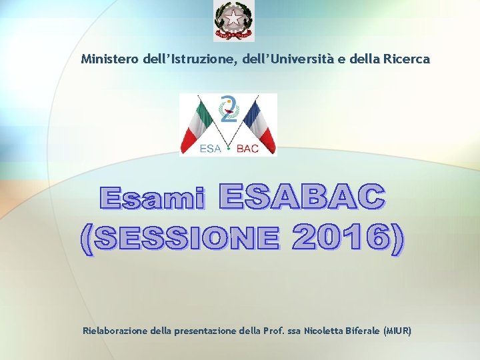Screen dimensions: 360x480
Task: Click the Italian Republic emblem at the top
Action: click(233, 21)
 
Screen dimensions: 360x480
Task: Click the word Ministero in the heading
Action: click(110, 59)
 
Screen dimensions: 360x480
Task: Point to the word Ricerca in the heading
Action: click(407, 59)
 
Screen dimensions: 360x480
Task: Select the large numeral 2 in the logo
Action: click(229, 109)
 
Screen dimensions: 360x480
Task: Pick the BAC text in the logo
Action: click(247, 149)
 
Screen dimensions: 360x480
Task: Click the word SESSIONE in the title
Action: click(185, 239)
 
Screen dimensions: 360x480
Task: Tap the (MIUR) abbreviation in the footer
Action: click(398, 331)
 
